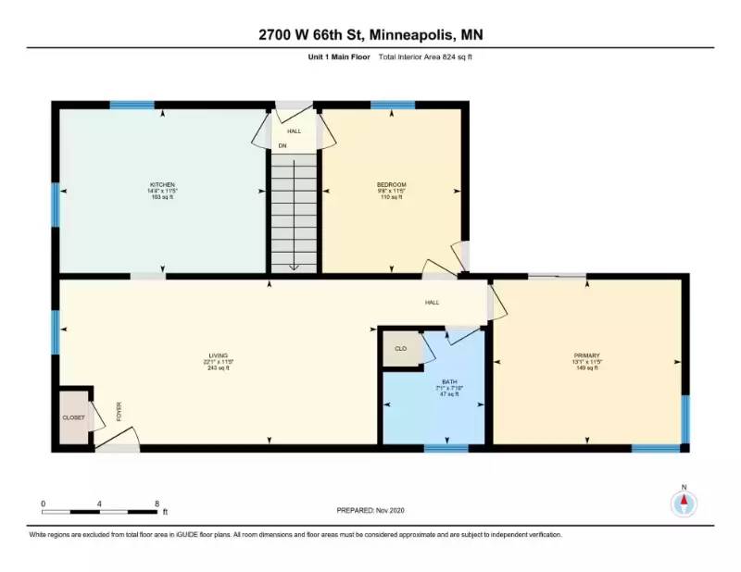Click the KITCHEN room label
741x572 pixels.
pyautogui.click(x=163, y=184)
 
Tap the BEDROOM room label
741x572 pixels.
pyautogui.click(x=393, y=184)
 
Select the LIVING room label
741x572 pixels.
pyautogui.click(x=219, y=355)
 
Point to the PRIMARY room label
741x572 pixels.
pyautogui.click(x=586, y=355)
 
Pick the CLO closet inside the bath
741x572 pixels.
pyautogui.click(x=401, y=349)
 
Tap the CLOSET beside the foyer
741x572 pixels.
pyautogui.click(x=74, y=417)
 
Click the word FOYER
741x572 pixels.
pyautogui.click(x=119, y=412)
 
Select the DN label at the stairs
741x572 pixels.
pyautogui.click(x=283, y=145)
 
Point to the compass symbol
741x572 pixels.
pyautogui.click(x=684, y=502)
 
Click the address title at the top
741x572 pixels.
pyautogui.click(x=370, y=35)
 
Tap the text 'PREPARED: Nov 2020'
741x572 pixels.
pyautogui.click(x=370, y=510)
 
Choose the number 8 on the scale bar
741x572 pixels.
pyautogui.click(x=157, y=503)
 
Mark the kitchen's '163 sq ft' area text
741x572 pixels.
pyautogui.click(x=163, y=197)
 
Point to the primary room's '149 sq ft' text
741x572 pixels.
pyautogui.click(x=586, y=368)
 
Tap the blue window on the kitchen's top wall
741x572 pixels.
pyautogui.click(x=131, y=105)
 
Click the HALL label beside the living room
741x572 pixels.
pyautogui.click(x=432, y=303)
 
